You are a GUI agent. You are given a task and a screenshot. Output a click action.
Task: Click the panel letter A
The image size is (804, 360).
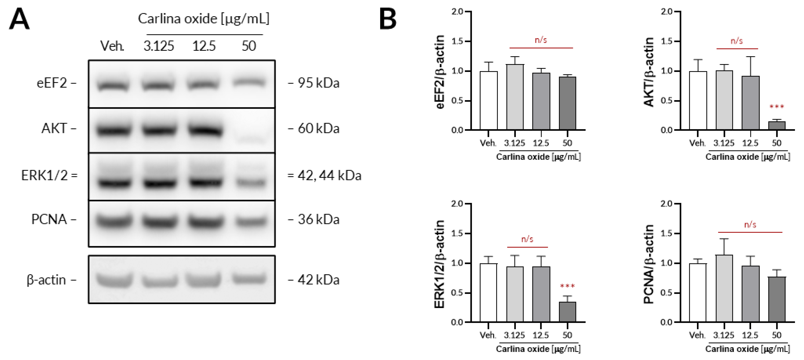click(19, 19)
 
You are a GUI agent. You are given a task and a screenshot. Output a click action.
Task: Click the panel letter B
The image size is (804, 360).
click(388, 19)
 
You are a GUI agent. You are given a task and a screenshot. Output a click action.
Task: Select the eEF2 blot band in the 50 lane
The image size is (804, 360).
click(249, 82)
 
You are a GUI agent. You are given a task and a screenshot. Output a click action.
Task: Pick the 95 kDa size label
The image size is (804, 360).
click(318, 83)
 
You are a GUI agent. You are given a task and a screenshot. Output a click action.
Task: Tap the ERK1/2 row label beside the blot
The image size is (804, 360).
click(45, 175)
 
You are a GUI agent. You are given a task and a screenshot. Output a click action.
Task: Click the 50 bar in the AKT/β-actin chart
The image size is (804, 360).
click(776, 126)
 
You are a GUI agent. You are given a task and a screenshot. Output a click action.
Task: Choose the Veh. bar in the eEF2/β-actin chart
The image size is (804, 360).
click(489, 101)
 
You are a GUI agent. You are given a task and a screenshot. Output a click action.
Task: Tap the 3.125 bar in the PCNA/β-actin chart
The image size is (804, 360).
click(724, 289)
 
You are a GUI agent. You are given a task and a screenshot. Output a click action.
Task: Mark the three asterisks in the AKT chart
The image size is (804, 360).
click(776, 107)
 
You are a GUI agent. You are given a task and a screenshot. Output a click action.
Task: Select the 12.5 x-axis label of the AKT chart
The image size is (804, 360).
click(750, 143)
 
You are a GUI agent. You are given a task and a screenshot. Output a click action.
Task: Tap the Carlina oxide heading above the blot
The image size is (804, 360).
click(204, 19)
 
